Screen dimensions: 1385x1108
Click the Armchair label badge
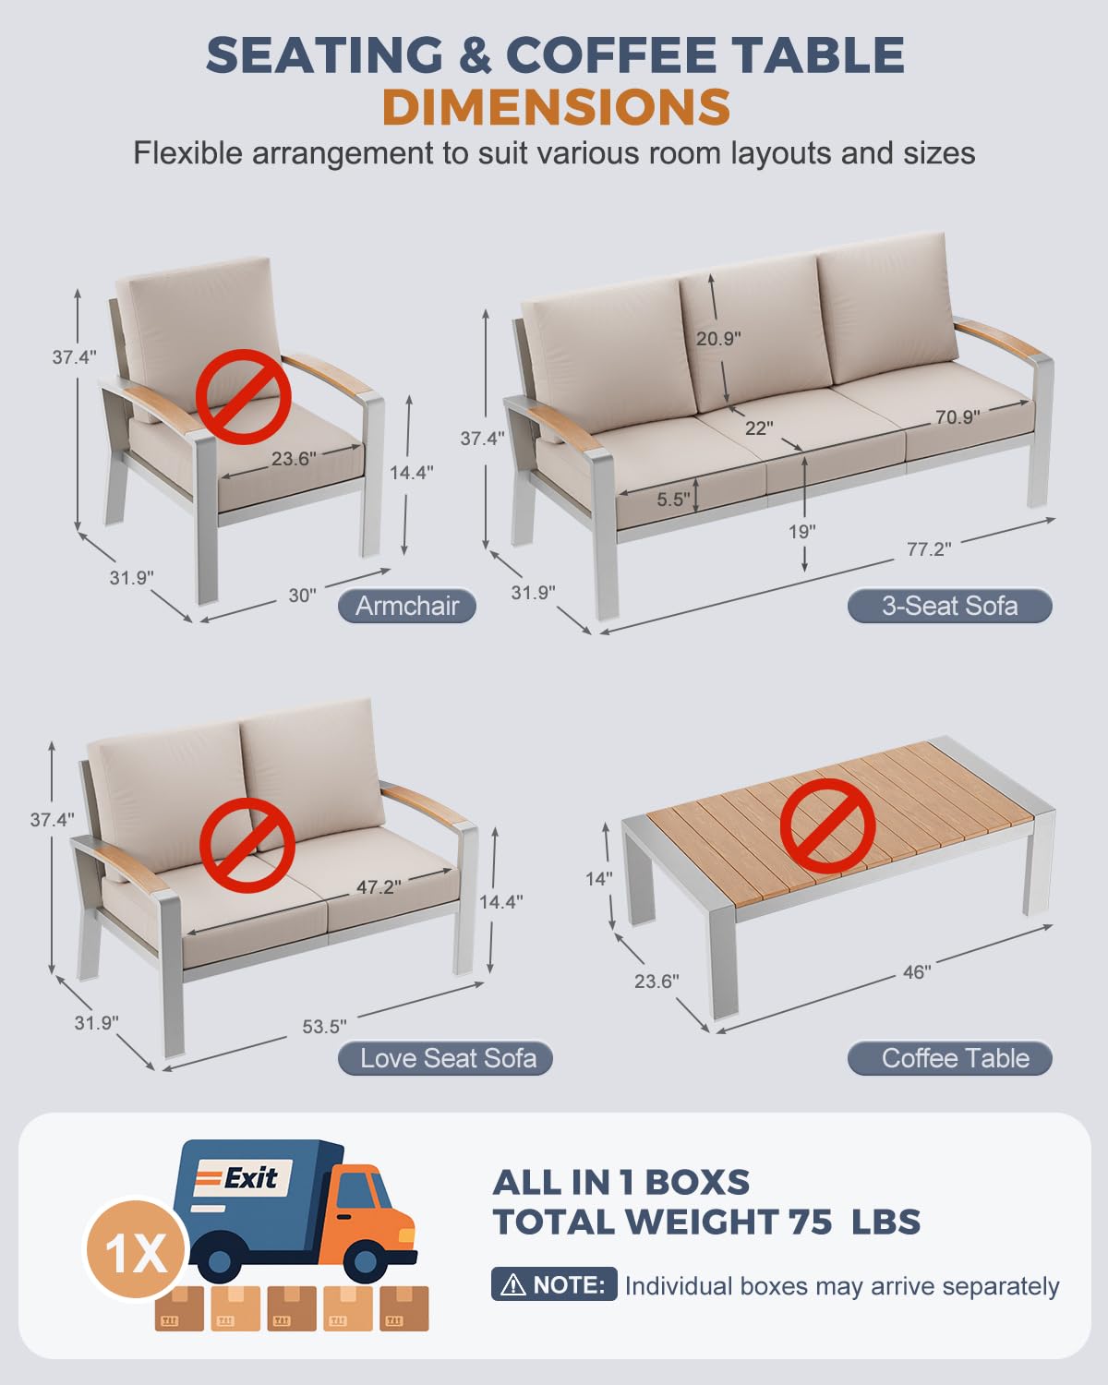coord(407,606)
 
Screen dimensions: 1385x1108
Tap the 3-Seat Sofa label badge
coord(949,606)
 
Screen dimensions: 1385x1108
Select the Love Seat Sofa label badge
coord(448,1058)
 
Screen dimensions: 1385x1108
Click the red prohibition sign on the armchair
coord(244,397)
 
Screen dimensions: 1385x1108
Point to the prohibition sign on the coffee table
coord(827,825)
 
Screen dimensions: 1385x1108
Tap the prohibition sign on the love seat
coord(247,846)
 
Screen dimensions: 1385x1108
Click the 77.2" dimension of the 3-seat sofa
coord(928,549)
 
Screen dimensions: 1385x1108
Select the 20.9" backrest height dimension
coord(718,339)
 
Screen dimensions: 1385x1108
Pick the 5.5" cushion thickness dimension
coord(673,500)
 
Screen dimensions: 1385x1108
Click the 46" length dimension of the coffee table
coord(916,972)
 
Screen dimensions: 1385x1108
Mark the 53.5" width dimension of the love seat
coord(324,1027)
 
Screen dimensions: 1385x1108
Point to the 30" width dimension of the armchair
coord(302,596)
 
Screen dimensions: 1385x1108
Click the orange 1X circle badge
coord(136,1252)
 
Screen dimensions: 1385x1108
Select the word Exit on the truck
coord(250,1178)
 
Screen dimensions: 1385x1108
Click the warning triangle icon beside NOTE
coord(512,1284)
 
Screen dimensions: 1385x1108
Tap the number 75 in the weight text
coord(810,1222)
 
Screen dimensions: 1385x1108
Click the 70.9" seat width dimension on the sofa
coord(957,417)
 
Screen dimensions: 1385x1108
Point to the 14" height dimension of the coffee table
coord(598,879)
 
